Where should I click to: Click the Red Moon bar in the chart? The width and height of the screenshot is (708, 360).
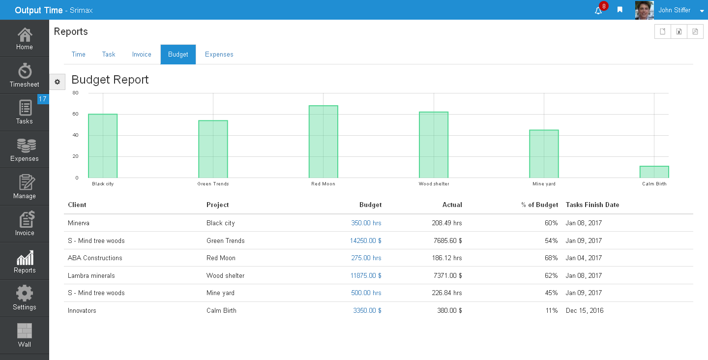click(x=324, y=142)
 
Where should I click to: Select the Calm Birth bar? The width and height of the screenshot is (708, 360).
click(x=654, y=172)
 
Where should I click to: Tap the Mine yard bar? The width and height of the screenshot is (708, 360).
click(x=544, y=154)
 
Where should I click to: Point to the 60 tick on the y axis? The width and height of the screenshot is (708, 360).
click(x=75, y=114)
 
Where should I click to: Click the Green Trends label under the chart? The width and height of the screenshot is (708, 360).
click(x=213, y=184)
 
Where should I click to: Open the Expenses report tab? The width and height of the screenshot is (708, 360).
click(x=219, y=55)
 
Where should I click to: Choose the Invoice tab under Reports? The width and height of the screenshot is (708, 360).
click(x=142, y=55)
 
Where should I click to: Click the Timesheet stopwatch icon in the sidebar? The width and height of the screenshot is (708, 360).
click(x=25, y=71)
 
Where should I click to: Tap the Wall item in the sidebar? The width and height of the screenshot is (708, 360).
click(x=25, y=335)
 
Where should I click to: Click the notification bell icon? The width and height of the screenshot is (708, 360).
click(x=598, y=11)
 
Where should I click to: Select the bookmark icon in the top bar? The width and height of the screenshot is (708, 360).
click(x=620, y=10)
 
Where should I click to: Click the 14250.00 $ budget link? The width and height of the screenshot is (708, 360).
click(x=365, y=240)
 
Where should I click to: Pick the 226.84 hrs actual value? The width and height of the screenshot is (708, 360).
click(x=446, y=293)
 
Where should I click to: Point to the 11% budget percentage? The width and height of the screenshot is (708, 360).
click(x=552, y=310)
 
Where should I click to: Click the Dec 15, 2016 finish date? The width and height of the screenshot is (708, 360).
click(x=585, y=310)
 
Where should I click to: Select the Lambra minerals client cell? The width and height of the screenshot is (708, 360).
click(x=91, y=275)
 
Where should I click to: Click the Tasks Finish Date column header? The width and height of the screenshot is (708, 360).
click(x=592, y=205)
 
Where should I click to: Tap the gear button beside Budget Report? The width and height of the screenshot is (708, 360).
click(x=57, y=82)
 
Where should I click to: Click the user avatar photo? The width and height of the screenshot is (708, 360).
click(x=645, y=10)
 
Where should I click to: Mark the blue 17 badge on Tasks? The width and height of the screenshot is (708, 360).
click(x=43, y=99)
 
